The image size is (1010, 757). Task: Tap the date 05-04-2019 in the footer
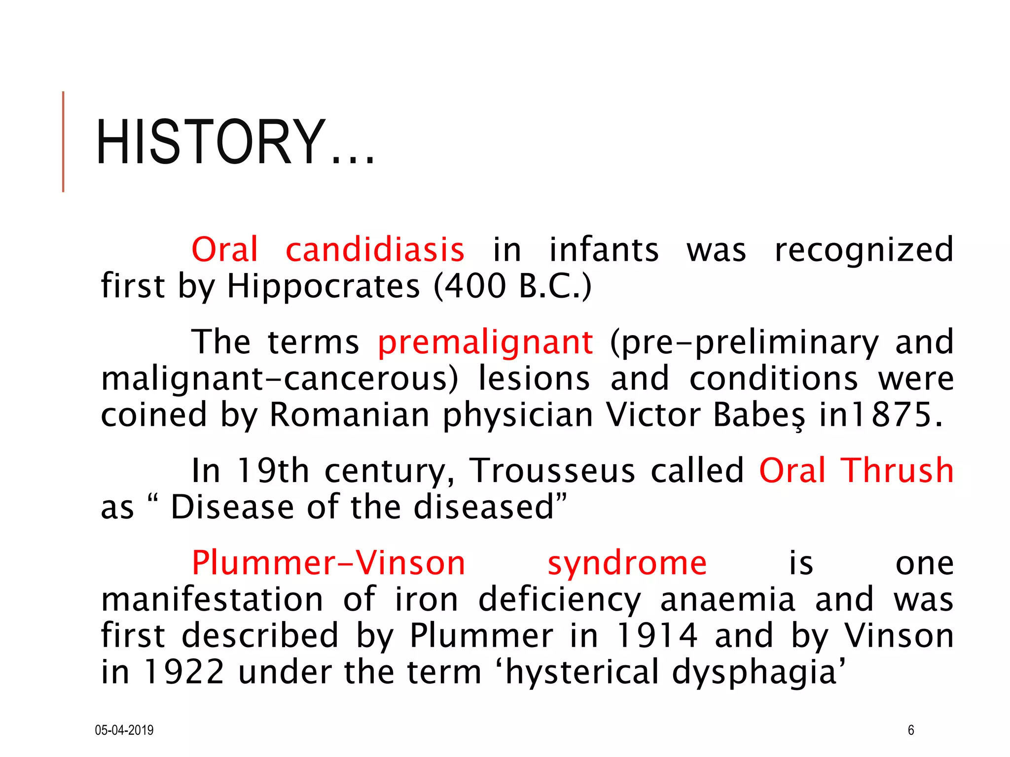click(x=124, y=730)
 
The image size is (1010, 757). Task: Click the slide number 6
click(x=911, y=730)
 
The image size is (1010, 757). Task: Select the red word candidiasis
click(x=375, y=249)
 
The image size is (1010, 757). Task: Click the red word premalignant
click(x=485, y=342)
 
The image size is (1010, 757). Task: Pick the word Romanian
click(x=350, y=414)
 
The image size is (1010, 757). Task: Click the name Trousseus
click(x=552, y=471)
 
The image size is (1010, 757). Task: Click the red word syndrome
click(x=627, y=563)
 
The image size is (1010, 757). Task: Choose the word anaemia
click(x=727, y=599)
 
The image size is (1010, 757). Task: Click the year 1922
click(x=183, y=672)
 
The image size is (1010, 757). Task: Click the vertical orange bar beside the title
click(x=63, y=142)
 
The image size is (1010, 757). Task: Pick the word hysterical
click(x=582, y=673)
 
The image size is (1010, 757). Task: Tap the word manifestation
click(x=212, y=599)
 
